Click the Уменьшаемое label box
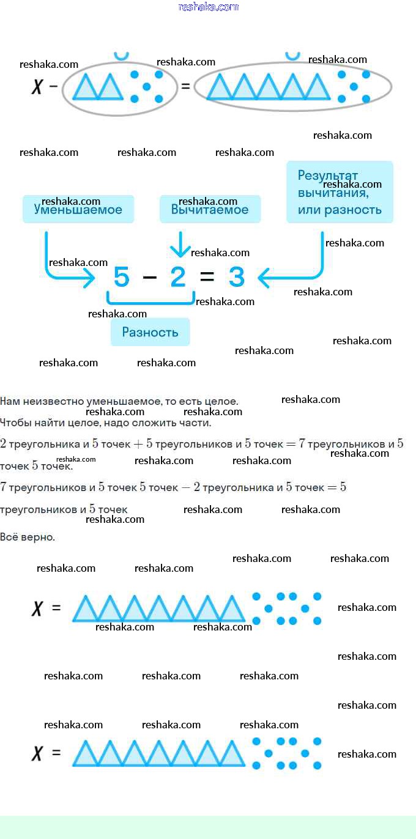(78, 209)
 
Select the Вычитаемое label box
(210, 209)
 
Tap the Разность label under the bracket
(150, 332)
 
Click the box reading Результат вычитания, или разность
(340, 192)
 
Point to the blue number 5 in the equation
(121, 277)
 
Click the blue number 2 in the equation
(178, 277)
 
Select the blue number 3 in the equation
(237, 277)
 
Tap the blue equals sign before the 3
(207, 277)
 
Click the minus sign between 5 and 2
(149, 278)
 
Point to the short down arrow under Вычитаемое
(180, 244)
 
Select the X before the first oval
(37, 87)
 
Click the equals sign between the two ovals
(185, 86)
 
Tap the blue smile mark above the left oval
(121, 56)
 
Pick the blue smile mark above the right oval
(292, 56)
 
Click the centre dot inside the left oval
(147, 86)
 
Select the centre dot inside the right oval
(354, 86)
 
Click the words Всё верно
(28, 537)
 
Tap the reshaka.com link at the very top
(209, 7)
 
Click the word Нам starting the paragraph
(10, 402)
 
